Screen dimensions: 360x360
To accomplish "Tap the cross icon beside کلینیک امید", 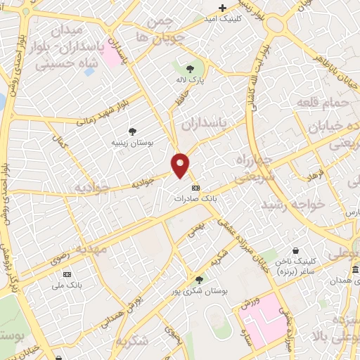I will [x=223, y=8].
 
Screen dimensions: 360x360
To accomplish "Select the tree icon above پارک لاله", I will [x=190, y=68].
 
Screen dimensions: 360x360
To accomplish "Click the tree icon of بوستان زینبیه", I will [x=132, y=131].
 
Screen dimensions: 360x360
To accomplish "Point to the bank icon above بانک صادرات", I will [x=195, y=188].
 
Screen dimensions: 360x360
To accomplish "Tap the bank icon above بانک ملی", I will [x=67, y=274].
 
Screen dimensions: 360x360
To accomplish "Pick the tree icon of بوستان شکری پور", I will [x=199, y=280].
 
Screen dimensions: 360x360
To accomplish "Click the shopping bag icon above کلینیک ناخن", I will [x=295, y=250].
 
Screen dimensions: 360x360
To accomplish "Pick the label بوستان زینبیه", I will [x=132, y=143].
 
